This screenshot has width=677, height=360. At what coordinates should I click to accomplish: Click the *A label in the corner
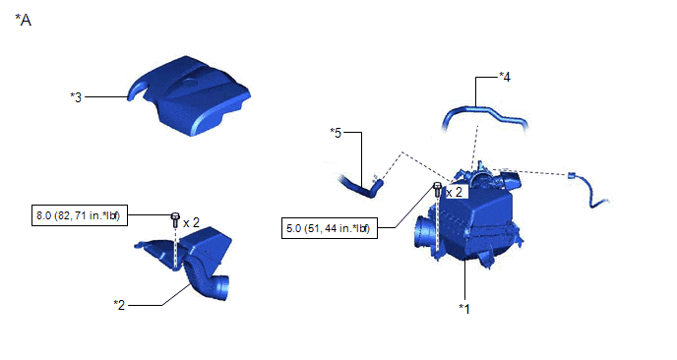click(x=23, y=20)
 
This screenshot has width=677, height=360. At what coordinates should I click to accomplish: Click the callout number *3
click(x=76, y=97)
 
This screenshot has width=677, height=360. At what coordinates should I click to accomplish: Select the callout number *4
click(x=505, y=77)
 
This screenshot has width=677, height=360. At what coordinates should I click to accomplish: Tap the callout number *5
click(x=336, y=133)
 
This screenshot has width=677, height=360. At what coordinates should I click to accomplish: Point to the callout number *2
click(x=119, y=305)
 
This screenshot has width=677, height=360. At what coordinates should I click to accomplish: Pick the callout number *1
click(x=464, y=309)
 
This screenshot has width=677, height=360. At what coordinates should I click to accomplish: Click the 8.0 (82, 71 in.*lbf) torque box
click(x=80, y=215)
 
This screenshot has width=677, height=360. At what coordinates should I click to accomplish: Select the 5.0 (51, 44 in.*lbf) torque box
click(x=330, y=227)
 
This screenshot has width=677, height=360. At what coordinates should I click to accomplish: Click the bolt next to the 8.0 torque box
click(x=175, y=220)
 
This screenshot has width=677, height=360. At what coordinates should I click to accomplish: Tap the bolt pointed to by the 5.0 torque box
click(x=437, y=190)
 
